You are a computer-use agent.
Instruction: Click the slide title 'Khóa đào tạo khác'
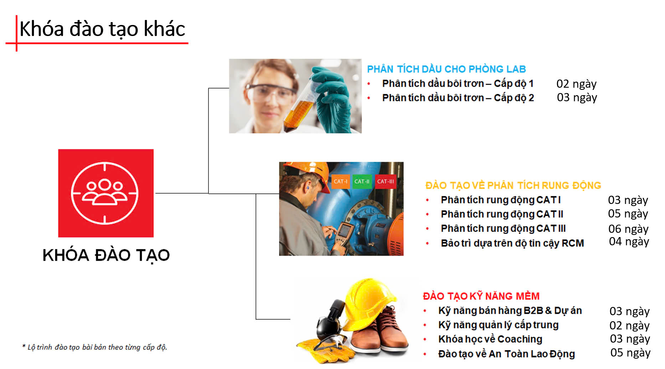click(x=102, y=29)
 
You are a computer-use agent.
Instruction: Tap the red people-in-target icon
click(x=106, y=193)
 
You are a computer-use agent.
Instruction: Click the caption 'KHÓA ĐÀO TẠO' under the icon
click(x=106, y=255)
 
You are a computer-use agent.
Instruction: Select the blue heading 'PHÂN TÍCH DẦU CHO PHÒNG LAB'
click(x=447, y=69)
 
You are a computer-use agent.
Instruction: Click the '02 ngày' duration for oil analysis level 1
click(x=576, y=84)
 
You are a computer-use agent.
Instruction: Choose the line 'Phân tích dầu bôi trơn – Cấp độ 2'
click(x=458, y=98)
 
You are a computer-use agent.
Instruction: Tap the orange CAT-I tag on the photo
click(x=340, y=181)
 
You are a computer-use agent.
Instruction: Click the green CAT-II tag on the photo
click(x=362, y=181)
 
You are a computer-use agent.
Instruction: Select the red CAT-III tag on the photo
click(x=385, y=181)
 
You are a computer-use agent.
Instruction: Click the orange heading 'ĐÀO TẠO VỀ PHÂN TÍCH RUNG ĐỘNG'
click(x=513, y=185)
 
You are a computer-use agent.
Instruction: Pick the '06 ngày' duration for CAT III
click(x=628, y=229)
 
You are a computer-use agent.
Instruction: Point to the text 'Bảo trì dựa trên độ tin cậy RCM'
click(x=512, y=243)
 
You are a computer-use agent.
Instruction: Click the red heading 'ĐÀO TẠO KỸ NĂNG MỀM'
click(x=481, y=296)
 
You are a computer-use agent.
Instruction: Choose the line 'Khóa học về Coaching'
click(x=490, y=339)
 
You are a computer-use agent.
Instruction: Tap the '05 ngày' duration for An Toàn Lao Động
click(x=630, y=353)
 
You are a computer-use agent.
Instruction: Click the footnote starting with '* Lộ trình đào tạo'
click(x=94, y=347)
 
